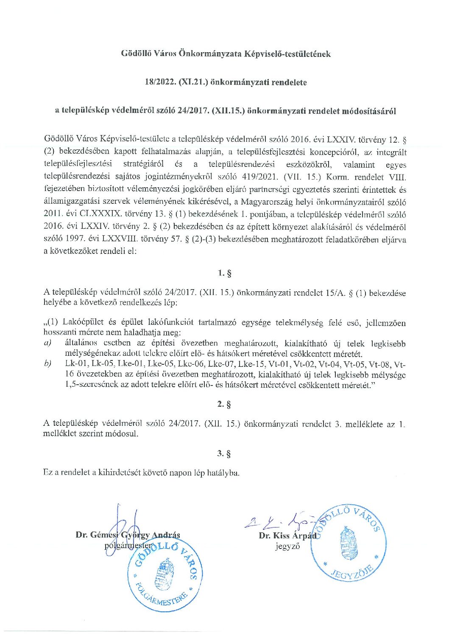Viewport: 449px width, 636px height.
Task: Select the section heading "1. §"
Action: click(224, 273)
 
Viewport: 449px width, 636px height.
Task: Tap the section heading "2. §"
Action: click(224, 404)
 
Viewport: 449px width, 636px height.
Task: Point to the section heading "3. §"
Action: click(224, 453)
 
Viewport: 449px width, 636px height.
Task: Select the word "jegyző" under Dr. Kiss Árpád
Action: click(287, 546)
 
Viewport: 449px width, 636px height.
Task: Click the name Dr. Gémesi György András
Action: click(128, 535)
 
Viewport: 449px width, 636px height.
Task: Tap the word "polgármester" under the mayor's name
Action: click(127, 546)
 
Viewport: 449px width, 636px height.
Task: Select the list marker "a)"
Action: click(47, 343)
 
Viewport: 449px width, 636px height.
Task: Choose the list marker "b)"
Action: click(47, 365)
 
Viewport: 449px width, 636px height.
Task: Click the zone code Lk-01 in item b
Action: click(75, 365)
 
